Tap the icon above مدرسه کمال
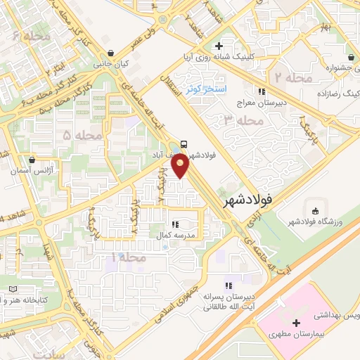(x=175, y=225)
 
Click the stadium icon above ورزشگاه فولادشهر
(x=314, y=210)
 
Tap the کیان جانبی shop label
(x=112, y=64)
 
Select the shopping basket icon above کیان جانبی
(x=112, y=52)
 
